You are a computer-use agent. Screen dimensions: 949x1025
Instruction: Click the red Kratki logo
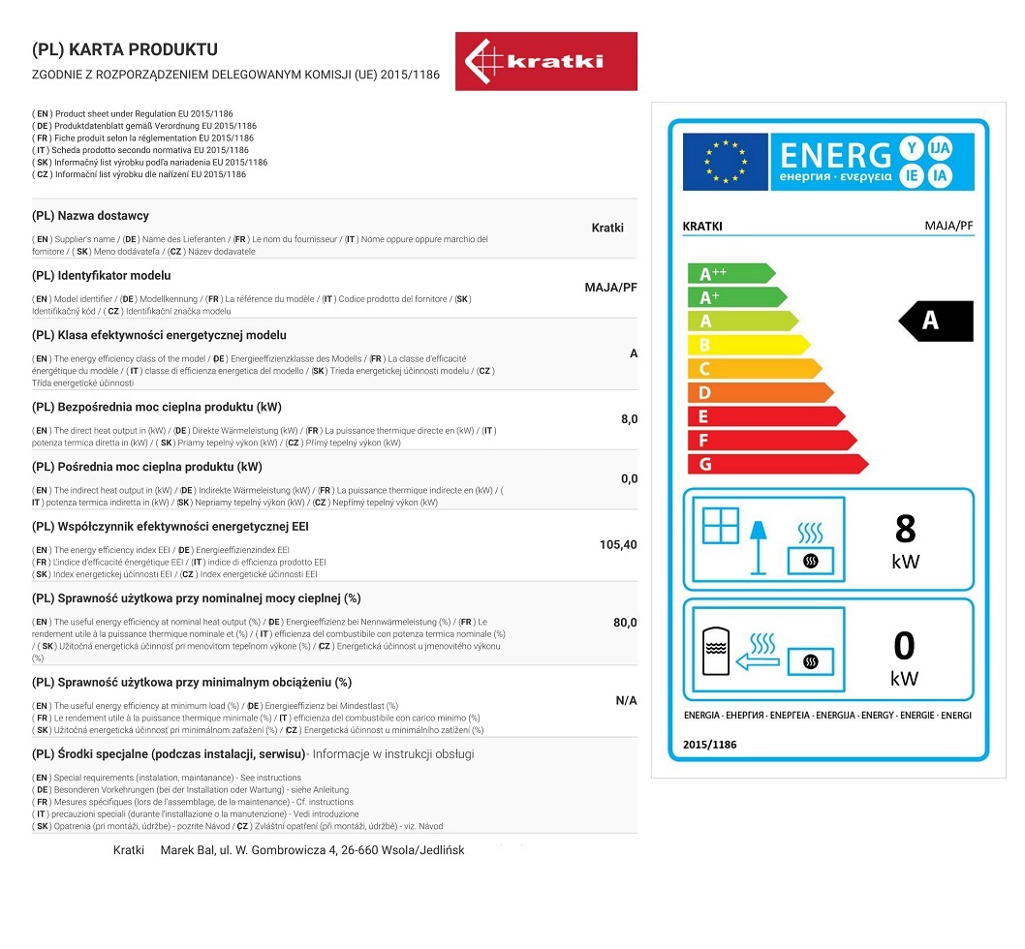coord(545,61)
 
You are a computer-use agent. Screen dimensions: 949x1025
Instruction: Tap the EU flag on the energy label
coord(725,162)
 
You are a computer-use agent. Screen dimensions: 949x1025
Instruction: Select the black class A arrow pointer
coord(935,321)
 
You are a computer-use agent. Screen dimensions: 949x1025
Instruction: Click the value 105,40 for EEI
coord(618,545)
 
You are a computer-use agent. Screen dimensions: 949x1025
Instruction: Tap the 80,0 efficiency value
coord(625,623)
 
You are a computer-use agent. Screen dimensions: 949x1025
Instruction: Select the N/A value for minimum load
coord(626,700)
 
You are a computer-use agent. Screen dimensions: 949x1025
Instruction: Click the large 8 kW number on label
coord(906,529)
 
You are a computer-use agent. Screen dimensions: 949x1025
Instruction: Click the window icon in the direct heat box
coord(720,525)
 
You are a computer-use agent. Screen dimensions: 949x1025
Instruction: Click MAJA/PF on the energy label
coord(948,227)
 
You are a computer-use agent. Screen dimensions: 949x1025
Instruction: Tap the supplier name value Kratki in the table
coord(607,229)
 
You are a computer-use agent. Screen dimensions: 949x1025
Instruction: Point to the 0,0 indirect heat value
coord(629,479)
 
